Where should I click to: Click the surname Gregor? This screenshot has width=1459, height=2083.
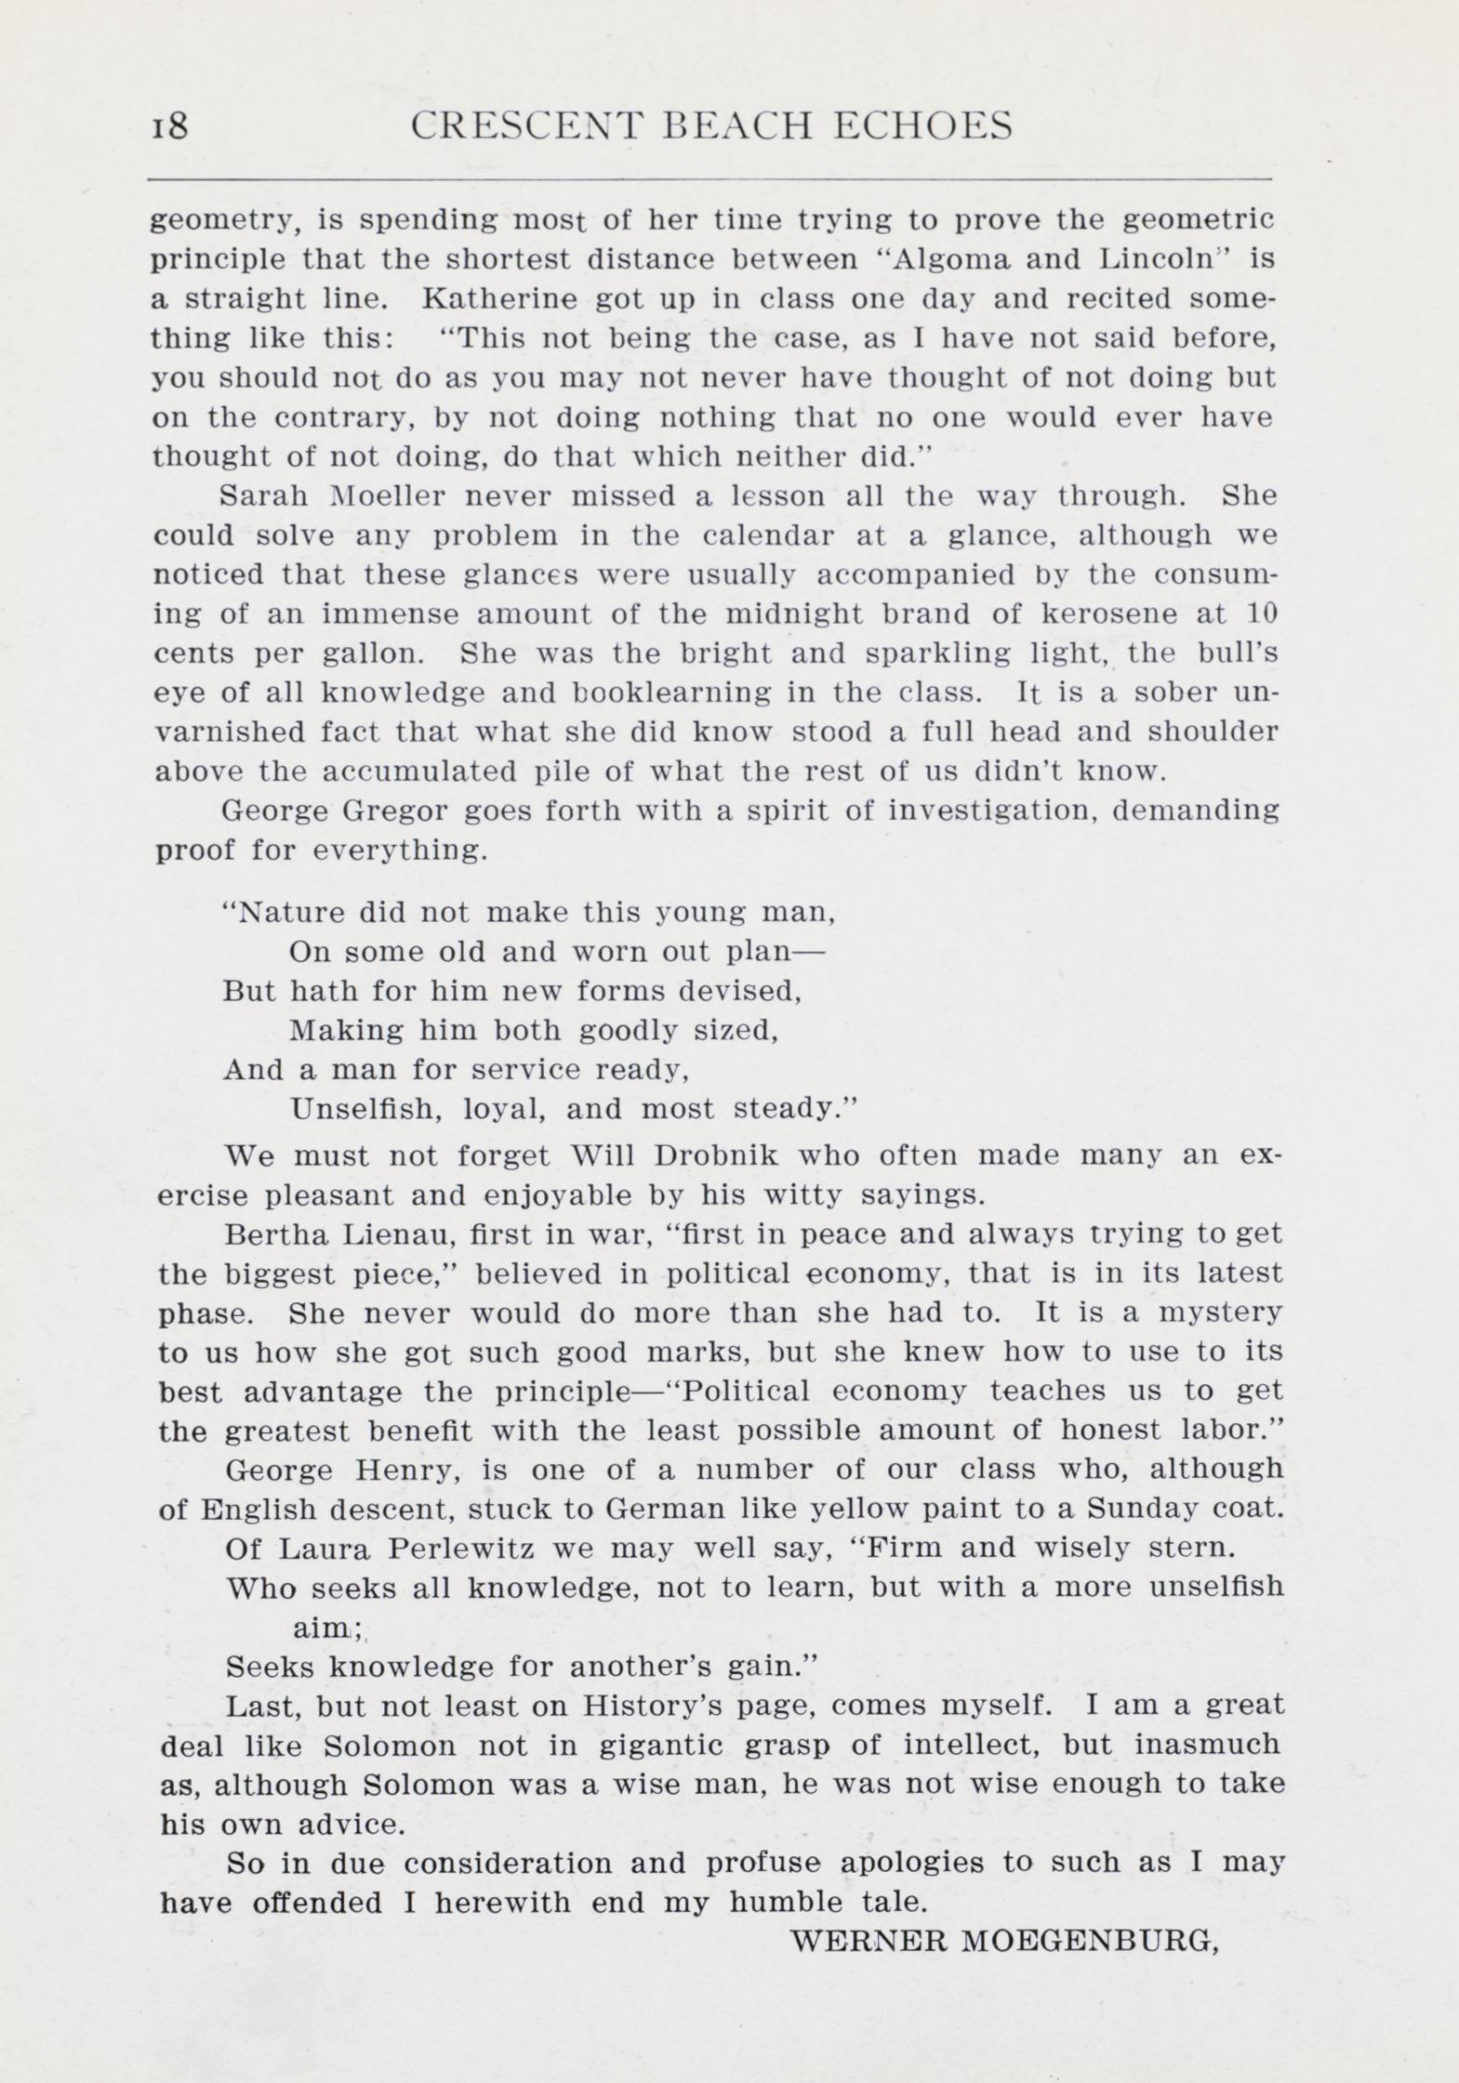pos(395,811)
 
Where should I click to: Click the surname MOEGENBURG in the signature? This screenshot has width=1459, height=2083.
pos(1088,1940)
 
